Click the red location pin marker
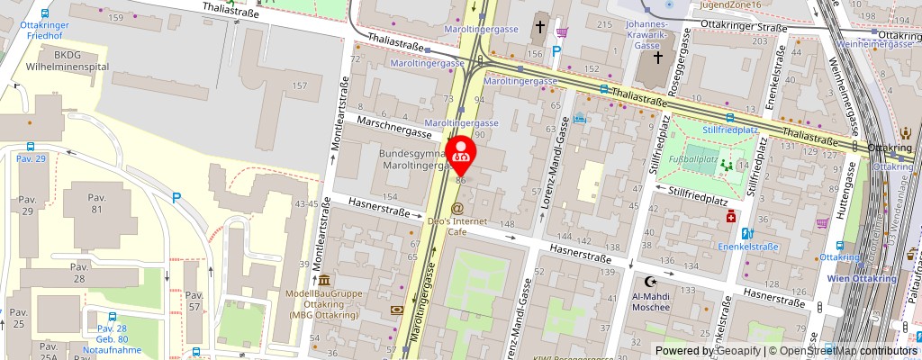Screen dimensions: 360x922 462,150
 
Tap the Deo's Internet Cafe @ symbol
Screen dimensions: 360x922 456,209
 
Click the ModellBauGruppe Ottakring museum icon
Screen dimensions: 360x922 323,281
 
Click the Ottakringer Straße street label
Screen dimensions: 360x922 744,28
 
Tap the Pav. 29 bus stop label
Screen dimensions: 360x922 31,158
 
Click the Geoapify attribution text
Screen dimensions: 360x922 726,350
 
